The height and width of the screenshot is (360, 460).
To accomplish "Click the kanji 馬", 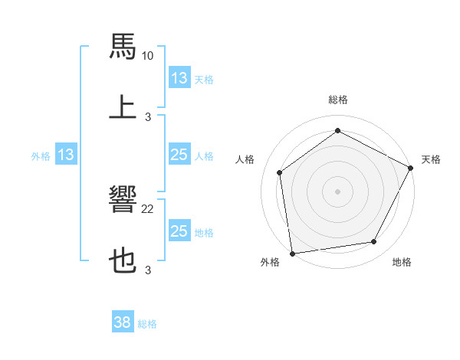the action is [x=123, y=45].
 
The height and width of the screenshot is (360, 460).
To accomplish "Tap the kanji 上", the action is [x=123, y=107].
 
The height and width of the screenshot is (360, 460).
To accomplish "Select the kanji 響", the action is [x=123, y=200].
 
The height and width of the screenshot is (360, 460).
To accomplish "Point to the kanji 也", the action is [x=123, y=261].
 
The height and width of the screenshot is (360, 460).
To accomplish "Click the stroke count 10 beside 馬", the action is [x=148, y=56].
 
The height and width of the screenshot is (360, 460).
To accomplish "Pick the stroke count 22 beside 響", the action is [x=148, y=209].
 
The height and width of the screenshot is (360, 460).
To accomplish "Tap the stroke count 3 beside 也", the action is [x=148, y=270].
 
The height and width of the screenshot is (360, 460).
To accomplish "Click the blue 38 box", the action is [x=123, y=323].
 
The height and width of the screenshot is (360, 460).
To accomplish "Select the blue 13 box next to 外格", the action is [x=66, y=155].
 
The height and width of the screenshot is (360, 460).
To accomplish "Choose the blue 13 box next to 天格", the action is [x=179, y=78].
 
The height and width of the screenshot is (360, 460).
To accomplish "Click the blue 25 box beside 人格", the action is [x=179, y=155].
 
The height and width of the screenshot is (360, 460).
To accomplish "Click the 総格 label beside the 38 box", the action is [x=147, y=324].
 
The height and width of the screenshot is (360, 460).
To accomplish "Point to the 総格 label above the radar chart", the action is [x=338, y=100].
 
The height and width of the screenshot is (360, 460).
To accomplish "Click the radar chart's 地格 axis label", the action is [x=402, y=263].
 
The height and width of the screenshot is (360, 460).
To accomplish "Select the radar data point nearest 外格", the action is [x=292, y=253].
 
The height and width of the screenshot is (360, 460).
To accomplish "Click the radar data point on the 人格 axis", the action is [x=280, y=172].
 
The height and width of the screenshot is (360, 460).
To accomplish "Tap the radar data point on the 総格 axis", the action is [x=338, y=131].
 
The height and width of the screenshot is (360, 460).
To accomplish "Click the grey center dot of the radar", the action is [x=338, y=191].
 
